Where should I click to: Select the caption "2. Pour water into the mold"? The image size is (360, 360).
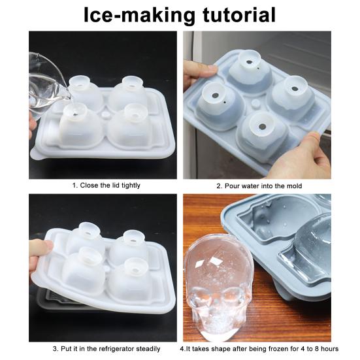point(259,186)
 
